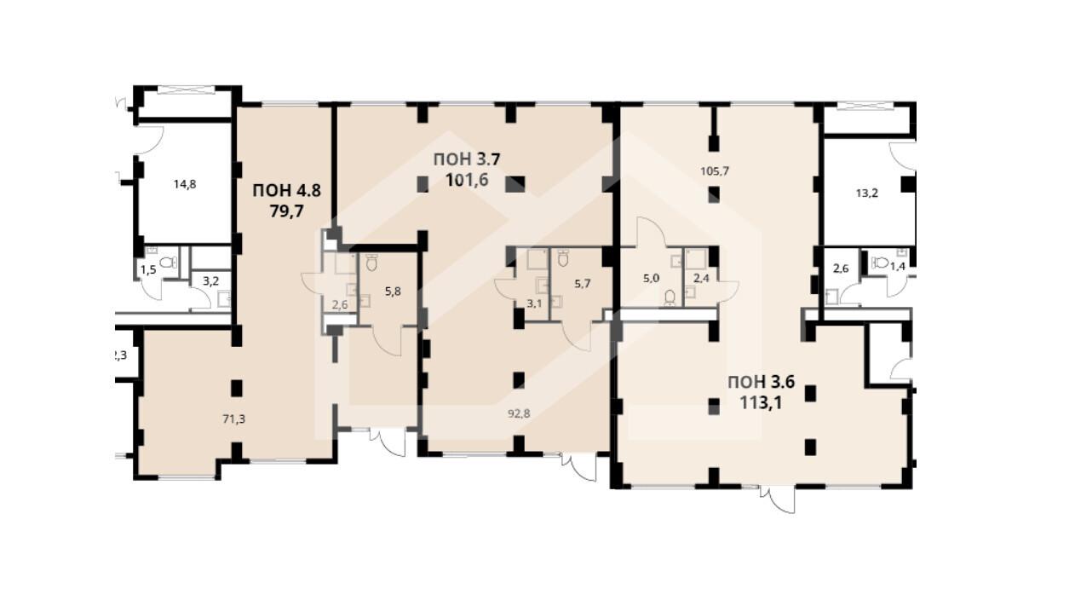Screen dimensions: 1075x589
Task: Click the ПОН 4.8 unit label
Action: coord(286,191)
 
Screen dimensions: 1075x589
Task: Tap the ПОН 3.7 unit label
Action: coord(467,159)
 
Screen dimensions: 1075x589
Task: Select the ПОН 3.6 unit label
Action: coord(762,382)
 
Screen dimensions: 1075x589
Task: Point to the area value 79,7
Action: coord(286,211)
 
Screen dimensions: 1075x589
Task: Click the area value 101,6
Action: coord(467,180)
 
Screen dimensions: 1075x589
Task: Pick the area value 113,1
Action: coord(762,402)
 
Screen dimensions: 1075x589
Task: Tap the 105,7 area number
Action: coord(715,170)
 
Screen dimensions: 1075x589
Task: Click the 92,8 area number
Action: coord(519,413)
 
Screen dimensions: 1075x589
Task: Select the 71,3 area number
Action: coord(233,419)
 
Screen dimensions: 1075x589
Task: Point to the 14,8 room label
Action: coord(185,184)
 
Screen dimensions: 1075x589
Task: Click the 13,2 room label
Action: coord(867,193)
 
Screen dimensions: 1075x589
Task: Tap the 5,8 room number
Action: coord(393,292)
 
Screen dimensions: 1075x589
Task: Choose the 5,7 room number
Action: coord(582,284)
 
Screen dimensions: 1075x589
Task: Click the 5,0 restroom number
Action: coord(651,278)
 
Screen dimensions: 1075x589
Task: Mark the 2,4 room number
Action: coord(701,278)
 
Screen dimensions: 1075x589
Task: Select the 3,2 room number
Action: coord(210,281)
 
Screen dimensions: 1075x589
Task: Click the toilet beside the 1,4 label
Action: coord(880,263)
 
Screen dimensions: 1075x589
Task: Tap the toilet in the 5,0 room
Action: coord(670,298)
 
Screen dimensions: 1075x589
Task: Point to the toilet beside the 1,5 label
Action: coord(168,263)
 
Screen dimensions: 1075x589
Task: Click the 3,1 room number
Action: coord(534,303)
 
